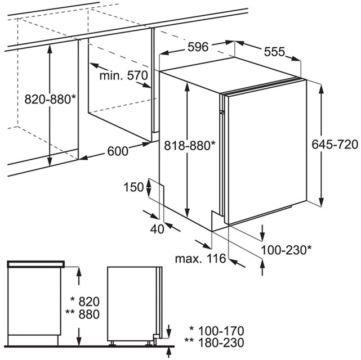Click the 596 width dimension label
pyautogui.click(x=198, y=47)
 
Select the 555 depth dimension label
pyautogui.click(x=274, y=52)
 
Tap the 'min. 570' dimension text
pyautogui.click(x=124, y=75)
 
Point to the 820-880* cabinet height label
pyautogui.click(x=50, y=100)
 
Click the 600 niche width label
pyautogui.click(x=118, y=151)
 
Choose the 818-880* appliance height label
pyautogui.click(x=190, y=145)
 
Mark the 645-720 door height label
pyautogui.click(x=335, y=145)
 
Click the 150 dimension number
pyautogui.click(x=134, y=187)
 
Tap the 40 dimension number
pyautogui.click(x=157, y=229)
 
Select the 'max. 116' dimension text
pyautogui.click(x=200, y=258)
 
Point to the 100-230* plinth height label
pyautogui.click(x=287, y=250)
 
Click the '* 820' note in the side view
pyautogui.click(x=85, y=301)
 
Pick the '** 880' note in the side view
pyautogui.click(x=83, y=314)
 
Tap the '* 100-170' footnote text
pyautogui.click(x=216, y=331)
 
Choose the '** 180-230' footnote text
pyautogui.click(x=214, y=343)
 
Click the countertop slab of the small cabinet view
pyautogui.click(x=36, y=264)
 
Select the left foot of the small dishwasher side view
pyautogui.click(x=113, y=343)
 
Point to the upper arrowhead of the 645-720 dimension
pyautogui.click(x=322, y=88)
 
